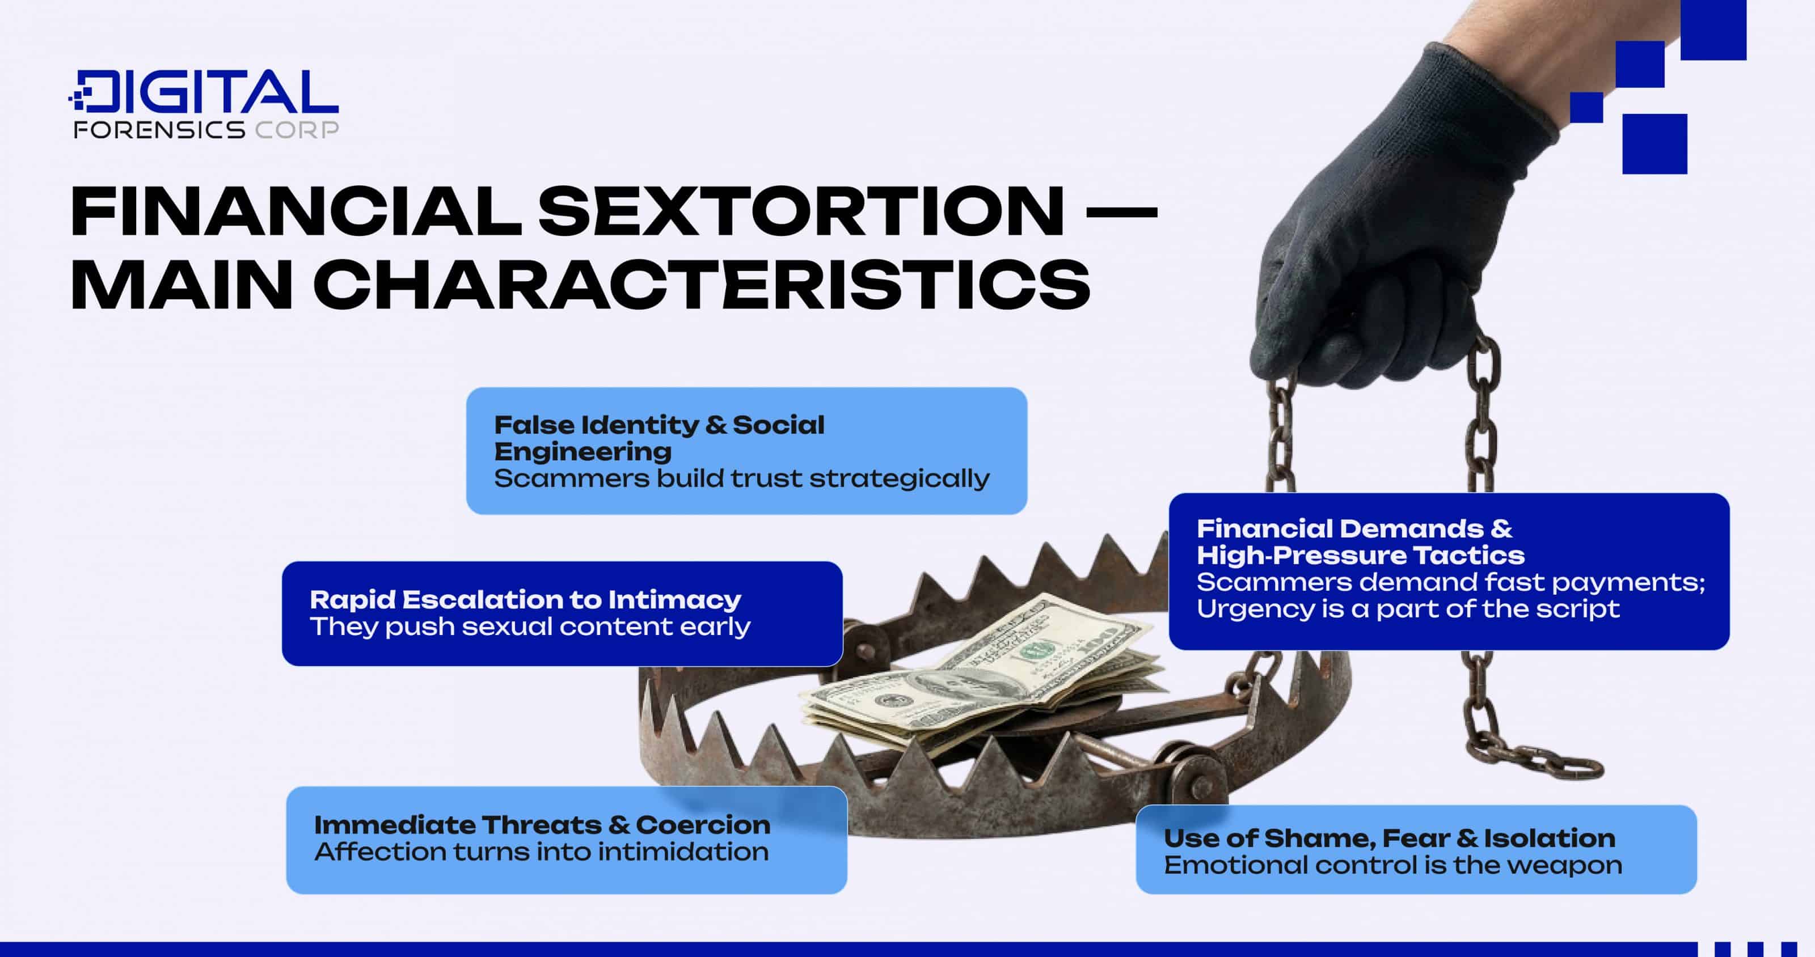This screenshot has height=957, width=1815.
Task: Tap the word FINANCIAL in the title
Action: tap(296, 211)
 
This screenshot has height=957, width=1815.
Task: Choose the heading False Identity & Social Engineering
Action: tap(659, 437)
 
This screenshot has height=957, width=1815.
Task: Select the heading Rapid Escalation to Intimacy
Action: tap(525, 599)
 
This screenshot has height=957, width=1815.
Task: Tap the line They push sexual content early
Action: tap(530, 626)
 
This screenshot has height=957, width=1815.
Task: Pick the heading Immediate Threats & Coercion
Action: tap(542, 824)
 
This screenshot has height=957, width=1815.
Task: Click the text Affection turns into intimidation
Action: tap(541, 852)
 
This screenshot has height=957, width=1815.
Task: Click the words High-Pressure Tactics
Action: tap(1360, 556)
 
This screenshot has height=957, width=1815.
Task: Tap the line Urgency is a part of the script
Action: tap(1408, 608)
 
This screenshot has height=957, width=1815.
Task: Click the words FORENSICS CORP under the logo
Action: tap(206, 130)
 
